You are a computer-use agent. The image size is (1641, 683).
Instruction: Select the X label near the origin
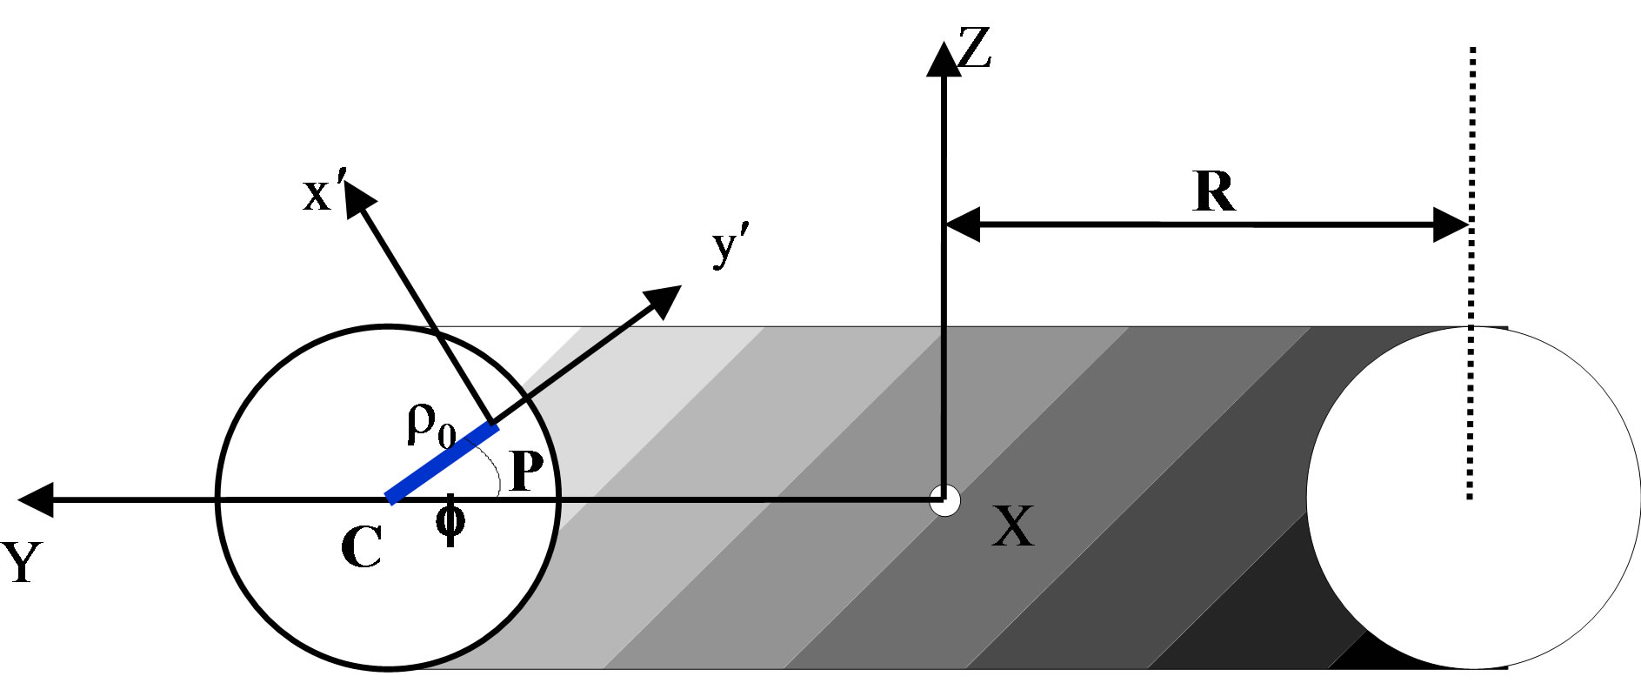[x=1013, y=526]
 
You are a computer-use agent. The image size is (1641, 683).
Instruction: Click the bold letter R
[x=1214, y=193]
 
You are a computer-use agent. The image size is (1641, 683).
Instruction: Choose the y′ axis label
[x=729, y=249]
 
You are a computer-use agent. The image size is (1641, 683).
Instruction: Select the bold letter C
[x=361, y=548]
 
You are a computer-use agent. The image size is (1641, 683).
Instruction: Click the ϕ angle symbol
[x=450, y=521]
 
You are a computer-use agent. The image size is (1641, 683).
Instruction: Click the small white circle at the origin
[x=944, y=500]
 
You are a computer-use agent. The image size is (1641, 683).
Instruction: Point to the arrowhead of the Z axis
[x=944, y=58]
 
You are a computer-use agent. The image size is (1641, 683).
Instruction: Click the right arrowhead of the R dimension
[x=1451, y=224]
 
